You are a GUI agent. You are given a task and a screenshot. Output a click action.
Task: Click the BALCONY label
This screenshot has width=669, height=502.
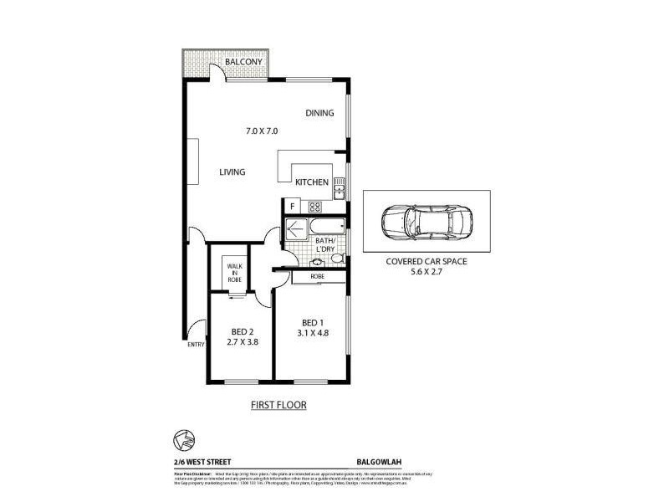(x=245, y=63)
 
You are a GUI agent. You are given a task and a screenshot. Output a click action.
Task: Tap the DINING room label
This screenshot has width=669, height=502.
(x=319, y=114)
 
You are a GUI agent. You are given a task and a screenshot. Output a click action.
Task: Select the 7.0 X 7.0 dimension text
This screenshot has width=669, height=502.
(x=261, y=131)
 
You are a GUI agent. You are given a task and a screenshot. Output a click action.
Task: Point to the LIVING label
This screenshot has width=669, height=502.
(x=232, y=172)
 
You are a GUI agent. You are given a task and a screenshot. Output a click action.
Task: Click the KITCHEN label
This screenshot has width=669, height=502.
(x=311, y=182)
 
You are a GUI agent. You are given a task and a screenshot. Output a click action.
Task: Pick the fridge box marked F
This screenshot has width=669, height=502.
(x=292, y=206)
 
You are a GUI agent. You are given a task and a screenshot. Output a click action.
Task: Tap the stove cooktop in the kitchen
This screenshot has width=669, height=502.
(x=314, y=206)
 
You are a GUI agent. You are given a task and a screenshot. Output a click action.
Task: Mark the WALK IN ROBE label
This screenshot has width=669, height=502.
(x=233, y=272)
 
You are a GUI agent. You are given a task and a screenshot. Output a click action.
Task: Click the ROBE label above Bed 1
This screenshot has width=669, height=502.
(x=317, y=275)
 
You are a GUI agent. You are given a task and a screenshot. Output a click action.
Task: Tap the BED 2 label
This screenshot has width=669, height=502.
(x=241, y=331)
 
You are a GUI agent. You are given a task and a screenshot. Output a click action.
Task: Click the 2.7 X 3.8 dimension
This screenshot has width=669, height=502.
(x=241, y=343)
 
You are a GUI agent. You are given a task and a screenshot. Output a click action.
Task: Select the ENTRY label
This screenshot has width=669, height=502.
(x=196, y=344)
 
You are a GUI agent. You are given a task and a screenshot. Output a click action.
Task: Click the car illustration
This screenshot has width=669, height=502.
(x=426, y=222)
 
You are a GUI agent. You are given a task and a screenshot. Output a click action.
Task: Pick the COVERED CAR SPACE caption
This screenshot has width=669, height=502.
(x=426, y=260)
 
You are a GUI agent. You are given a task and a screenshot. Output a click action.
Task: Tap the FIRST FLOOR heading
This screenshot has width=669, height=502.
(x=279, y=405)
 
